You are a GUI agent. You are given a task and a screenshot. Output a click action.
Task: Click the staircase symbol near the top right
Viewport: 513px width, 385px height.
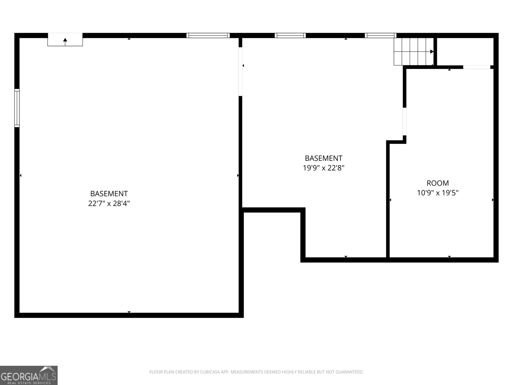pos(413,51)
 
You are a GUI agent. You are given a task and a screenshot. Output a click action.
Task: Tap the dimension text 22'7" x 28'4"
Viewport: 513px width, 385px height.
pos(109,203)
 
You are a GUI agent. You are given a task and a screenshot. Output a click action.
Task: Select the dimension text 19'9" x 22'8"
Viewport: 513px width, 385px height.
pos(324,168)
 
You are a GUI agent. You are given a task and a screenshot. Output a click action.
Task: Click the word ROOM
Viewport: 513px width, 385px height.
pos(438,183)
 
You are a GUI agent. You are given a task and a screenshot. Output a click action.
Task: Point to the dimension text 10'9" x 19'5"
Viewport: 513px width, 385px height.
pos(438,193)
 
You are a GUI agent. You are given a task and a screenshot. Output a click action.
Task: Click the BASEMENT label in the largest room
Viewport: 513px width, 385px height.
pos(109,194)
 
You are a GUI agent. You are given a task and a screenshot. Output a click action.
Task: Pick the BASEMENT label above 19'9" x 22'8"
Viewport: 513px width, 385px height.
pos(324,158)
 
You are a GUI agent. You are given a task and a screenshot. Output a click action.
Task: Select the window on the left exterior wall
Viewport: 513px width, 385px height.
pos(17,108)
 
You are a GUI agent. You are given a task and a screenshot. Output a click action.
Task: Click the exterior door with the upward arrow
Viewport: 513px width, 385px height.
pos(65,40)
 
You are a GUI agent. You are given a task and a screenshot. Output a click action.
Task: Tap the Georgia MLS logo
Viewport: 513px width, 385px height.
pos(29,375)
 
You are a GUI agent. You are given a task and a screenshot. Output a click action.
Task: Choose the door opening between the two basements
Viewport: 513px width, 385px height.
pos(240,72)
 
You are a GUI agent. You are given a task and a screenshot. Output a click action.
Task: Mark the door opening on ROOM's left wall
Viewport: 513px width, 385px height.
pos(405,121)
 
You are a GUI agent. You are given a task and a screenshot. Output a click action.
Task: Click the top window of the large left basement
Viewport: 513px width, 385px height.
pos(208,36)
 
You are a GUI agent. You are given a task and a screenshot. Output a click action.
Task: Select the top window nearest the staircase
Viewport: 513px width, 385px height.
pos(380,36)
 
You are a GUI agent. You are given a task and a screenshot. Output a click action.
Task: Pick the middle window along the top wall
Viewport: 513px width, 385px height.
pos(290,36)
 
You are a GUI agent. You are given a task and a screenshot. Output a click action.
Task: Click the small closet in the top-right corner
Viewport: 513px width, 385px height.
pos(465,51)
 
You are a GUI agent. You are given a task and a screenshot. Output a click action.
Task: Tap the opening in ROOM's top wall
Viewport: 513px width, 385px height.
pos(476,67)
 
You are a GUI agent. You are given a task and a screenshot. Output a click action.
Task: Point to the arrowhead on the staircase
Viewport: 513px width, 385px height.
pos(432,51)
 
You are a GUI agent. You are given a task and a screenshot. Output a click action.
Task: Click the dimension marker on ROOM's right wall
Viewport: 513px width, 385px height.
pos(493,200)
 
